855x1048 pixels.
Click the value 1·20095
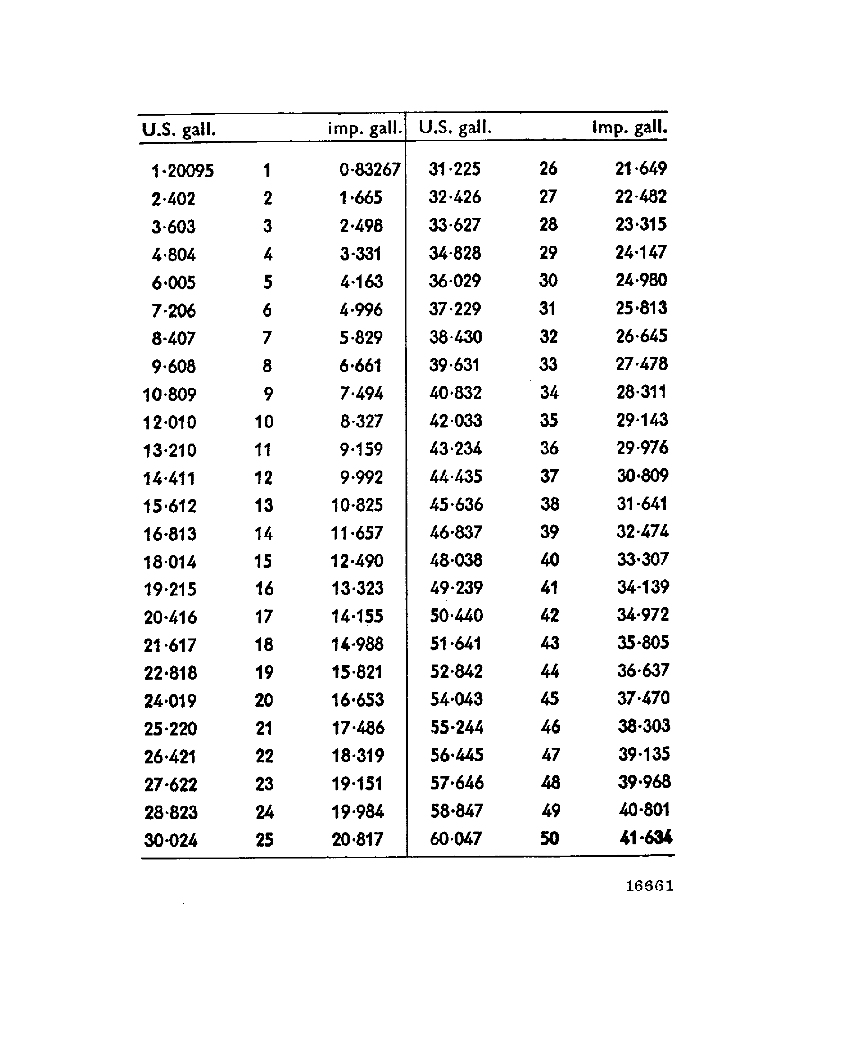pos(182,171)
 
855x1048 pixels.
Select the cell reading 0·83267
pos(369,170)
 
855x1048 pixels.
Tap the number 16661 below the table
pos(649,886)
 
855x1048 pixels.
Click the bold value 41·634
pos(646,837)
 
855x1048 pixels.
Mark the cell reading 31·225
pos(454,169)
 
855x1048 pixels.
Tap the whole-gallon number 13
pos(264,505)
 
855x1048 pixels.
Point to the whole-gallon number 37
pos(549,476)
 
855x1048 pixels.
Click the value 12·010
pos(170,422)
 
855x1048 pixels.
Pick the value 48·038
pos(456,560)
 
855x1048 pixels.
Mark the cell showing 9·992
pos(361,477)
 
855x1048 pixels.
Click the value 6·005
pos(173,283)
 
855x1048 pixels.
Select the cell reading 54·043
pos(456,699)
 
